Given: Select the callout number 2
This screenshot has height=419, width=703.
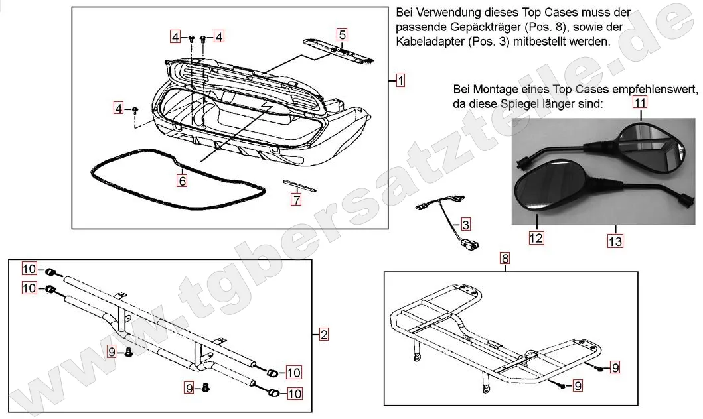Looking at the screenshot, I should [x=323, y=335].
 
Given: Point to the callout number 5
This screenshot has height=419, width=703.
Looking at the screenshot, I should [x=341, y=34].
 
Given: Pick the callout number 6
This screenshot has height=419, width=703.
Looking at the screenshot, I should [x=182, y=179].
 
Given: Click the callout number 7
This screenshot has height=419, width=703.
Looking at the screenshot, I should [x=296, y=198].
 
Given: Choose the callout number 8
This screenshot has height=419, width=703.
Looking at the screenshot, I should [x=505, y=259].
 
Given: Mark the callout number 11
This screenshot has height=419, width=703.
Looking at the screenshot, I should [x=639, y=102].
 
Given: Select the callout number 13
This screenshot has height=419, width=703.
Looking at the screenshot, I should [x=615, y=241].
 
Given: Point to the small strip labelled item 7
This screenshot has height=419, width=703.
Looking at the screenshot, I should [x=301, y=184].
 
